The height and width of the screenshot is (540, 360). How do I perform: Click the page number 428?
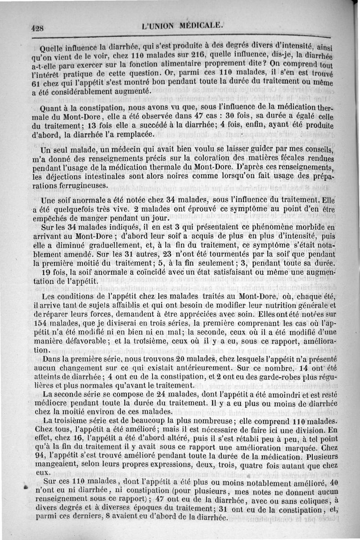click(37, 28)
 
